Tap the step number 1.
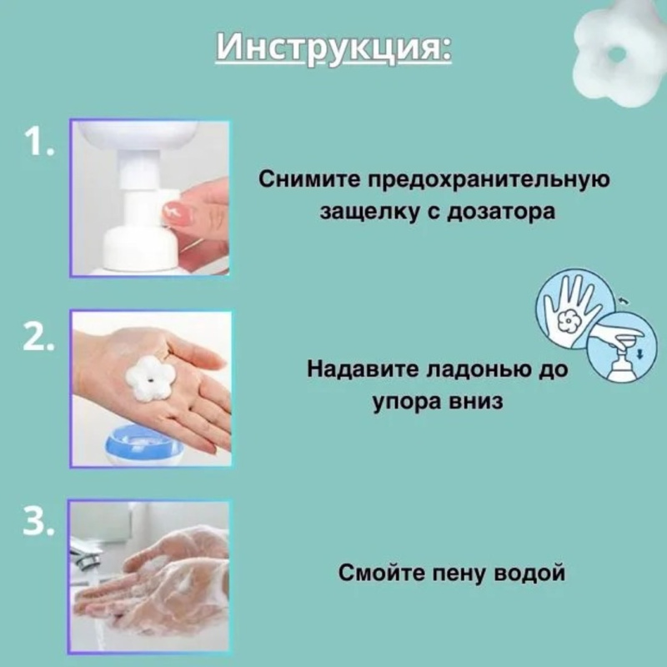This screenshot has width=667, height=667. click(x=38, y=143)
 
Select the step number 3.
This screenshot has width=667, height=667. click(x=40, y=522)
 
